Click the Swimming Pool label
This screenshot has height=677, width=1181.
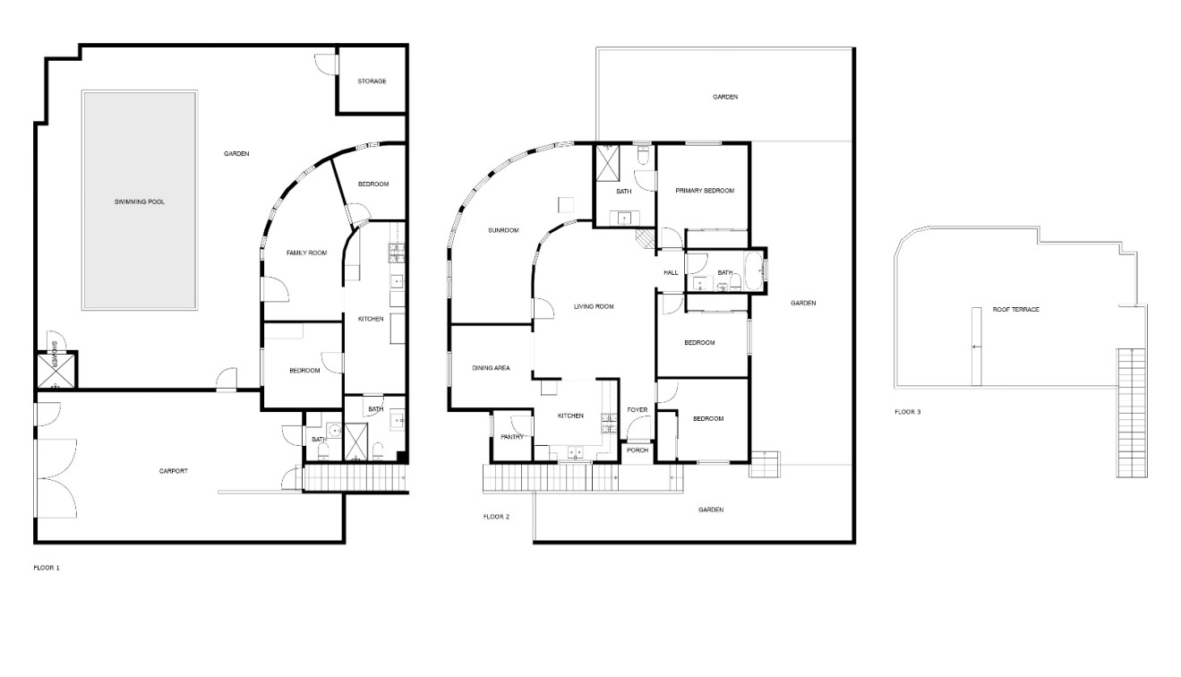pyautogui.click(x=139, y=202)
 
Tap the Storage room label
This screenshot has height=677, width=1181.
pyautogui.click(x=372, y=81)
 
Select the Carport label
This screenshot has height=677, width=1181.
pyautogui.click(x=174, y=471)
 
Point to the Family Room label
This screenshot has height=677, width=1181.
pyautogui.click(x=306, y=253)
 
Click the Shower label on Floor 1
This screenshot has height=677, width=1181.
pyautogui.click(x=55, y=351)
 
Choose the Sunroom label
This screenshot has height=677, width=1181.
pyautogui.click(x=503, y=230)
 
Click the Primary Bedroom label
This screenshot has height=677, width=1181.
pyautogui.click(x=705, y=191)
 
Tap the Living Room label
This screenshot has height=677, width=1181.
pyautogui.click(x=594, y=306)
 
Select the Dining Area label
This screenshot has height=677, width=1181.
pyautogui.click(x=491, y=368)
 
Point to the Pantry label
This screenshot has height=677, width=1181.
pyautogui.click(x=512, y=437)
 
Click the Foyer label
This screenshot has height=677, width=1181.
pyautogui.click(x=638, y=409)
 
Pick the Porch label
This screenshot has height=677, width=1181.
pyautogui.click(x=638, y=450)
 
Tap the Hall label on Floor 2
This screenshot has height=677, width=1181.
pyautogui.click(x=671, y=272)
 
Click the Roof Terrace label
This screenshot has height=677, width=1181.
pyautogui.click(x=1016, y=310)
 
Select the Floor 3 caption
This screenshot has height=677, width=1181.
pyautogui.click(x=907, y=412)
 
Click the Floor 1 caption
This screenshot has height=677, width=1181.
pyautogui.click(x=47, y=568)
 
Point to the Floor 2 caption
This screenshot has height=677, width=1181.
pyautogui.click(x=496, y=517)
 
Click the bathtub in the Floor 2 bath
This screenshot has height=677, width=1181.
pyautogui.click(x=753, y=270)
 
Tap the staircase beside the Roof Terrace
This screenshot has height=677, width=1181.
pyautogui.click(x=1132, y=413)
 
